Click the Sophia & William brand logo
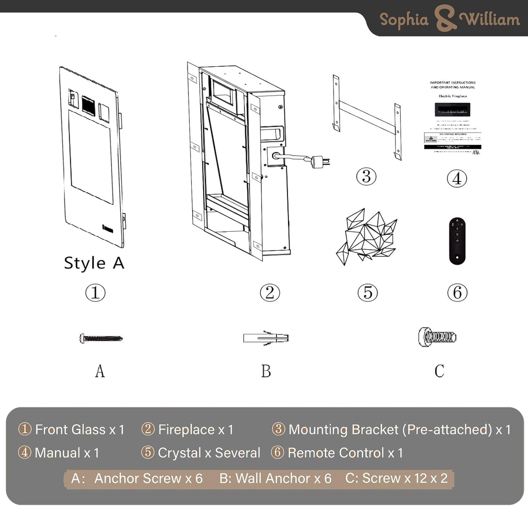(x=449, y=19)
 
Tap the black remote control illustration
(x=457, y=241)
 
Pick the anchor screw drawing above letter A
(x=101, y=339)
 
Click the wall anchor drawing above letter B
(x=266, y=338)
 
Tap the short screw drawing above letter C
(x=437, y=337)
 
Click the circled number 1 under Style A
(x=95, y=293)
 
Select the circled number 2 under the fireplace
(x=270, y=293)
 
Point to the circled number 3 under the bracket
(x=366, y=177)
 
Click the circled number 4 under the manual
(x=457, y=179)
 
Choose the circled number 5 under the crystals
(x=368, y=293)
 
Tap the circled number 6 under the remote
(x=457, y=293)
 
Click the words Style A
(x=94, y=263)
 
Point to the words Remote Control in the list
(x=336, y=453)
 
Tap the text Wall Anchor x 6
(x=275, y=478)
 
